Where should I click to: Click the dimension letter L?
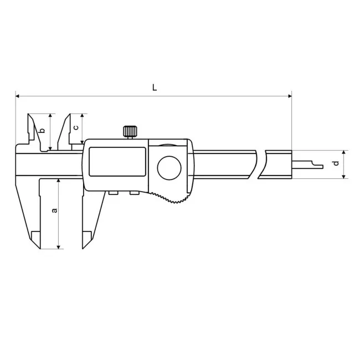[155, 88]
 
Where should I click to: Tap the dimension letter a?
[55, 210]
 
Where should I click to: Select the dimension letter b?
[42, 131]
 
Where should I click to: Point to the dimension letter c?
[76, 127]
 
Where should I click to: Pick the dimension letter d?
[336, 163]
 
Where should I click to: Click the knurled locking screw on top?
[130, 131]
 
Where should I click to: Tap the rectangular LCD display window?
[117, 162]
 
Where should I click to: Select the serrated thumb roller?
[171, 198]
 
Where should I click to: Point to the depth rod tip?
[322, 167]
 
